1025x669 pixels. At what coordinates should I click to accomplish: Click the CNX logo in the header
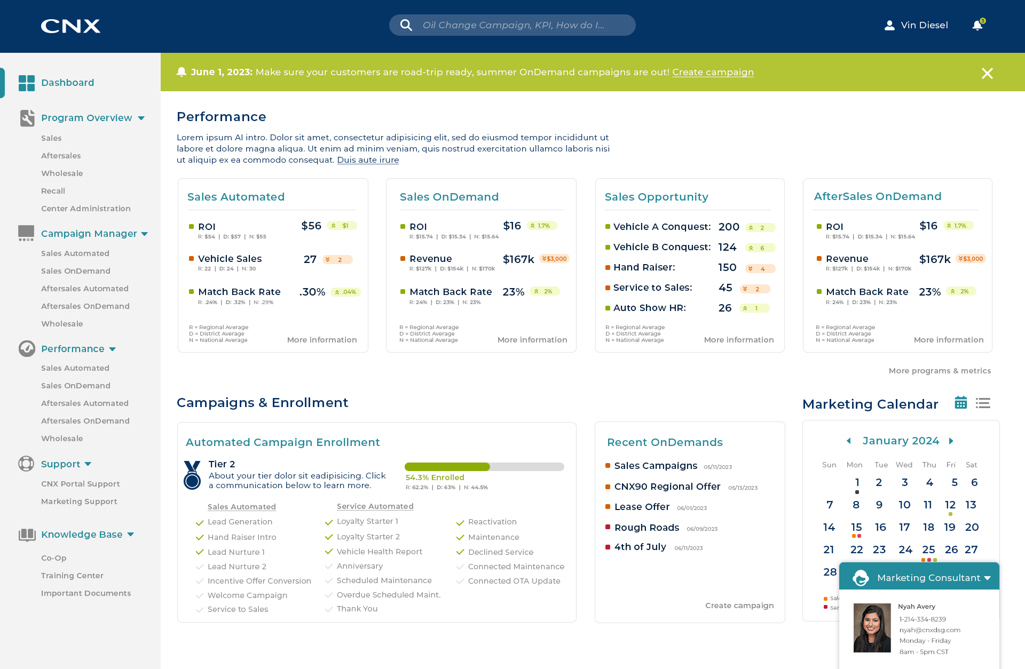pyautogui.click(x=70, y=26)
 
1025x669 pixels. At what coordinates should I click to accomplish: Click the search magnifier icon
pyautogui.click(x=406, y=25)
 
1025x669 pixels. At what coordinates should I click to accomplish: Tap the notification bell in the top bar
pyautogui.click(x=977, y=25)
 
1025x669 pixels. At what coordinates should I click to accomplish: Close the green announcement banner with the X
pyautogui.click(x=987, y=73)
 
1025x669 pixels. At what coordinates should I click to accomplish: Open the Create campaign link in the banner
pyautogui.click(x=713, y=72)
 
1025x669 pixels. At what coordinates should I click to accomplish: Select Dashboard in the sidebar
pyautogui.click(x=67, y=83)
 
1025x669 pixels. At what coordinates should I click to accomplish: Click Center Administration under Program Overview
pyautogui.click(x=85, y=209)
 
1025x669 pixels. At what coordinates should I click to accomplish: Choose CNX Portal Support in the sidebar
pyautogui.click(x=80, y=484)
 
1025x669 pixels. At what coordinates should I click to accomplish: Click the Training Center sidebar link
pyautogui.click(x=72, y=576)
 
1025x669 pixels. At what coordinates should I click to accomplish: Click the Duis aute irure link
pyautogui.click(x=368, y=160)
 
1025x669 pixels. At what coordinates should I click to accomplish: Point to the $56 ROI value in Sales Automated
pyautogui.click(x=311, y=226)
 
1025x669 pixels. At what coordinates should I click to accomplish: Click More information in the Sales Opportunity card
pyautogui.click(x=738, y=340)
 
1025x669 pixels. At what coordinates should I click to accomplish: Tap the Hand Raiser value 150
pyautogui.click(x=727, y=267)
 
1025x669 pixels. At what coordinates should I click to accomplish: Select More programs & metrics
pyautogui.click(x=940, y=371)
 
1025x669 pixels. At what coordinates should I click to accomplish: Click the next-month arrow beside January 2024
pyautogui.click(x=951, y=441)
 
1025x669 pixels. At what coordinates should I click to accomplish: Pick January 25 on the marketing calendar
pyautogui.click(x=928, y=549)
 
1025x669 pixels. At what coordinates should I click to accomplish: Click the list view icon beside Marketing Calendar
pyautogui.click(x=983, y=403)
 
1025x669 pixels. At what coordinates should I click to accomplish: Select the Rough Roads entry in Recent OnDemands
pyautogui.click(x=646, y=528)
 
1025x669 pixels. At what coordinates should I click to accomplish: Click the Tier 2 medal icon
pyautogui.click(x=192, y=475)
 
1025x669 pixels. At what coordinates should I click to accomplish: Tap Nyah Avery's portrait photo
pyautogui.click(x=872, y=628)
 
